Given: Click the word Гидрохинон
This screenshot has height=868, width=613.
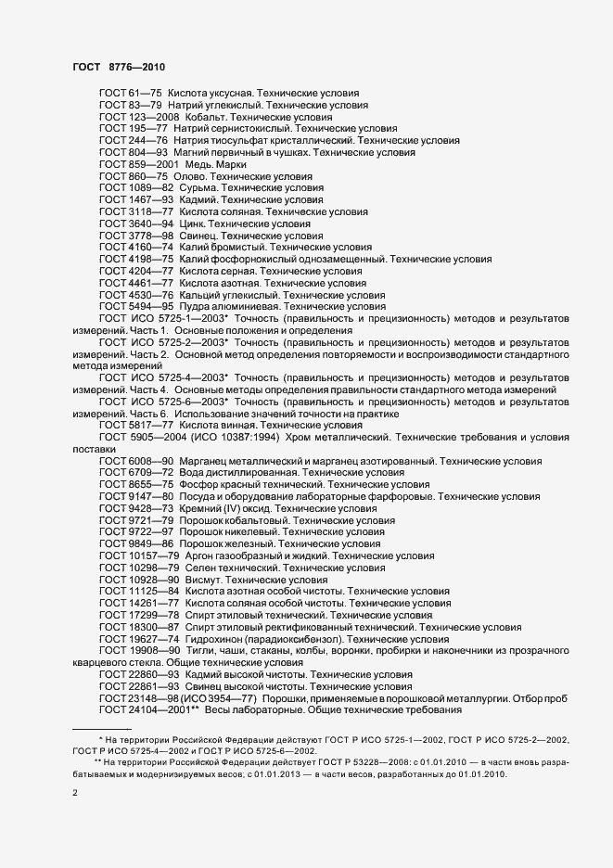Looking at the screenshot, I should [x=211, y=639].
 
